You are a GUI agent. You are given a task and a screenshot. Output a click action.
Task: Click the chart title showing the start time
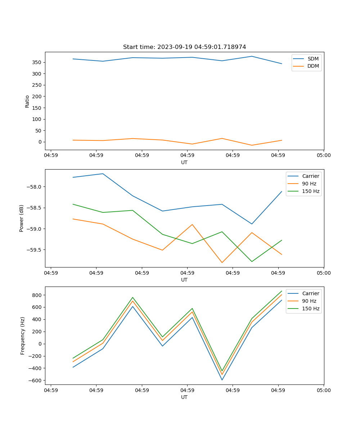pos(184,47)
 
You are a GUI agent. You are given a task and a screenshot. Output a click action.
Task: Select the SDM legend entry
pos(313,58)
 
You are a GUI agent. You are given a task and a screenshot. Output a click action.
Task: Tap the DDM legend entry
pos(313,66)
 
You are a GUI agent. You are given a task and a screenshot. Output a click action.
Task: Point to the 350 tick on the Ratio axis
pos(37,62)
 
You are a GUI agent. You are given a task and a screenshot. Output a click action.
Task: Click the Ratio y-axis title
pos(27,101)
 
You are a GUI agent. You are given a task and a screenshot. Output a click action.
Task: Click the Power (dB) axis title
pos(22,218)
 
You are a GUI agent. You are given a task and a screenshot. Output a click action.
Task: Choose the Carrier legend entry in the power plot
pos(310,176)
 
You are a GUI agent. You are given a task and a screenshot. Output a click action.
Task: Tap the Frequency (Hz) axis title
pos(23,336)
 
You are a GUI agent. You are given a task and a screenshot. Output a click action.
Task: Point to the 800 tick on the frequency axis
pos(37,295)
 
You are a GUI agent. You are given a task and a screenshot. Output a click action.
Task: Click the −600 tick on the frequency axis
pos(35,381)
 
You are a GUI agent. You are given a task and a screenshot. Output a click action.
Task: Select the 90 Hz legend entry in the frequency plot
pos(309,301)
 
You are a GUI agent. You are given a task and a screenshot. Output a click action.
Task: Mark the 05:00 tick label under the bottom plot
pos(323,390)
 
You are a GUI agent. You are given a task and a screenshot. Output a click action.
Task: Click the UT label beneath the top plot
pos(184,162)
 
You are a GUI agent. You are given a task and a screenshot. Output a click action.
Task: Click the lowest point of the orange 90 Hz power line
pos(222,262)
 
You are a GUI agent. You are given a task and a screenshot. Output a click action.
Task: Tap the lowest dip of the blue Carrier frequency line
pos(222,380)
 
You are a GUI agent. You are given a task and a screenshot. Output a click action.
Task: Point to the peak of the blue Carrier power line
pos(103,174)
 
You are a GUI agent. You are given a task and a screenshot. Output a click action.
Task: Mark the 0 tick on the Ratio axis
pos(40,142)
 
